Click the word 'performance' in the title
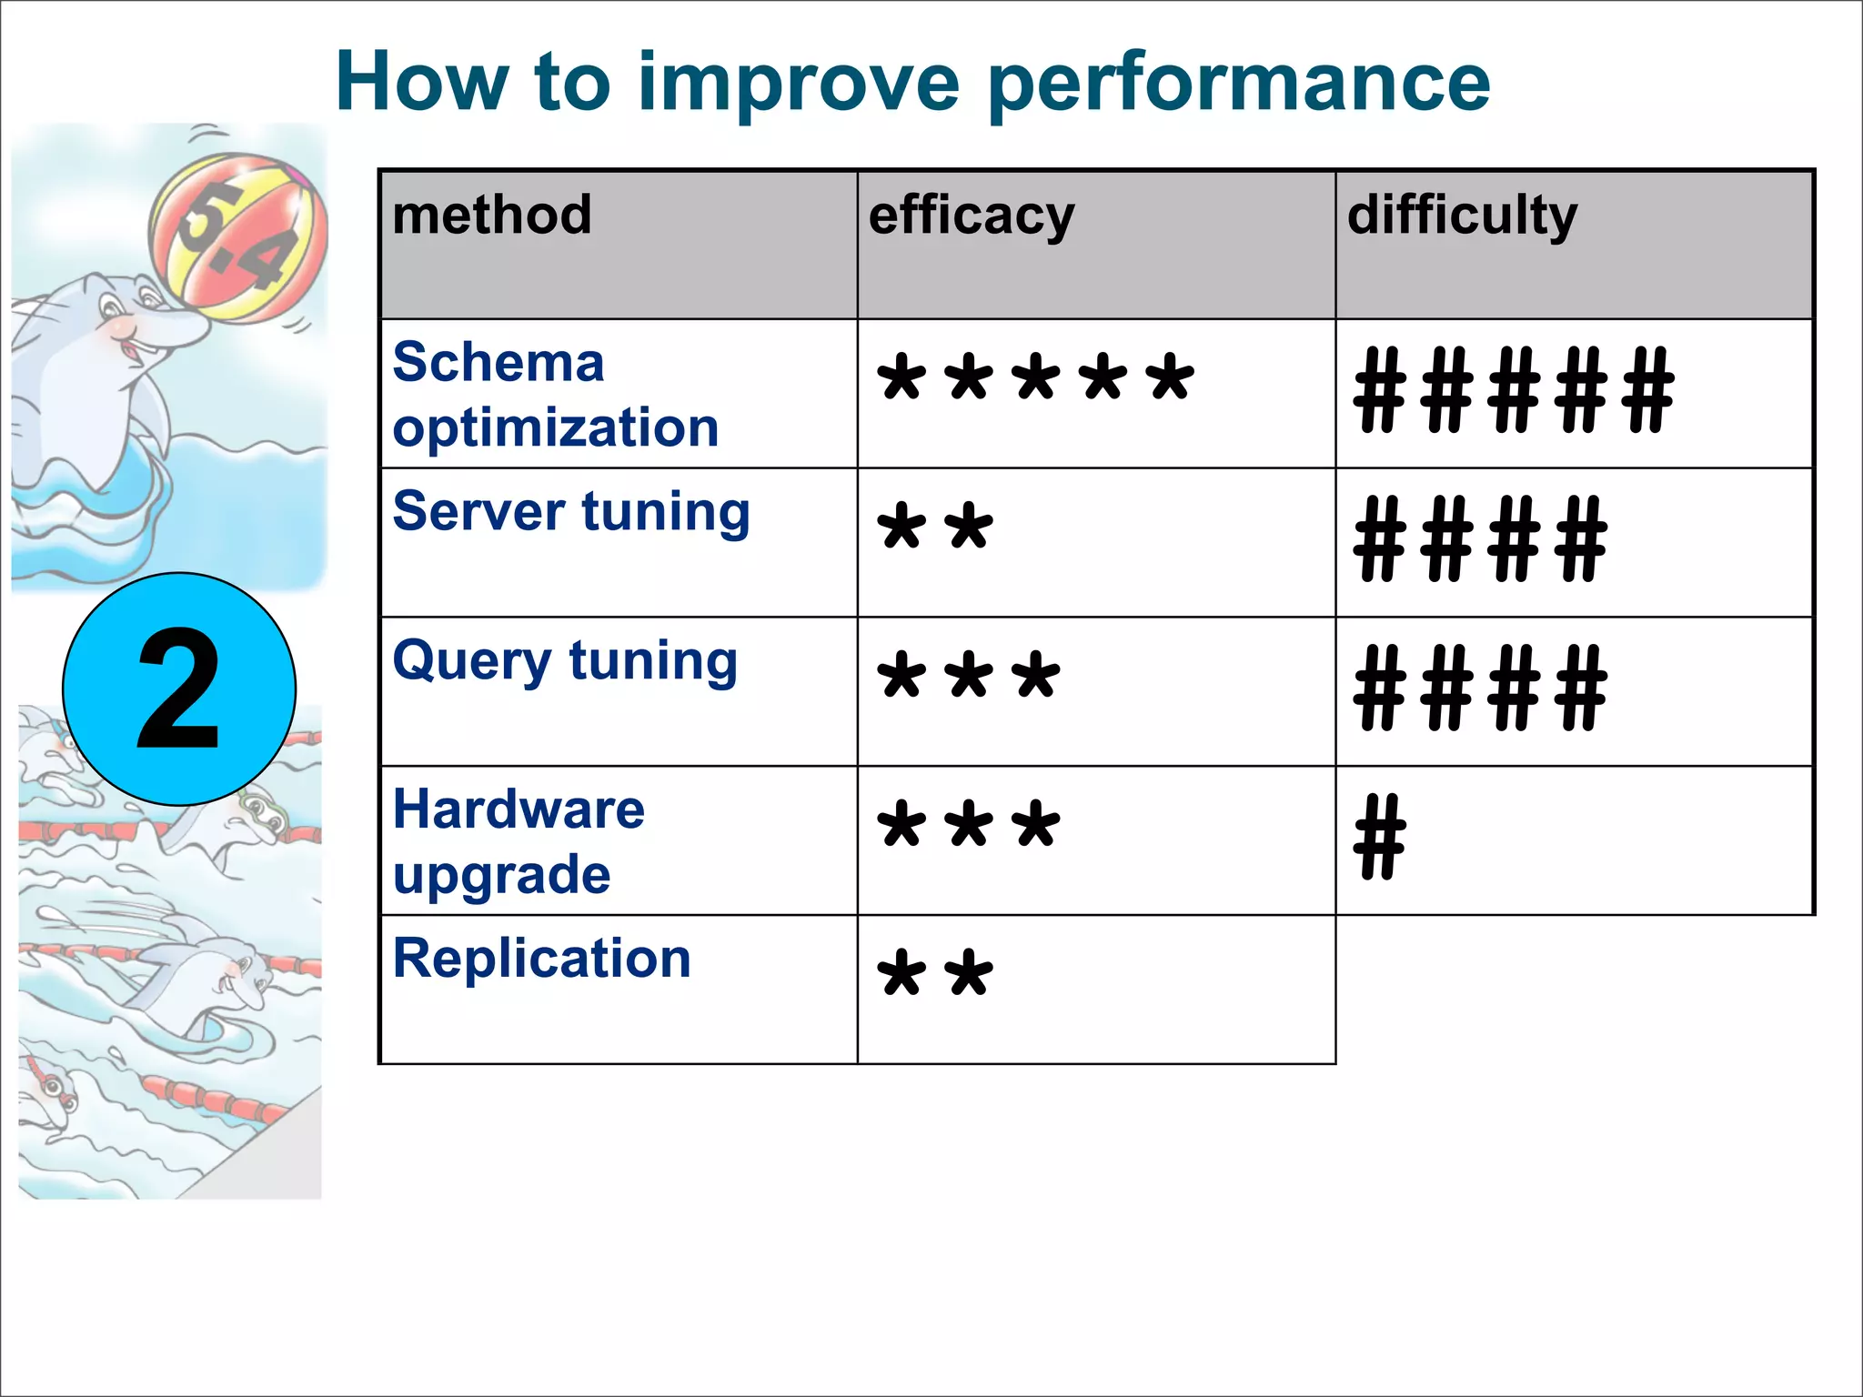(x=1238, y=84)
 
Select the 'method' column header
(x=492, y=216)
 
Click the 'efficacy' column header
(x=972, y=217)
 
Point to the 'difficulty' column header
(x=1462, y=217)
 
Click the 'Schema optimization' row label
(x=555, y=395)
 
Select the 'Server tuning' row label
(x=571, y=512)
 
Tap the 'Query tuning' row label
(x=565, y=661)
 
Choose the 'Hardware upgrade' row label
(x=519, y=841)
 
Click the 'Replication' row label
(x=542, y=959)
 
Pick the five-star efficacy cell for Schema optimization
(x=1034, y=379)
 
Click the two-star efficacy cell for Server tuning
(x=934, y=528)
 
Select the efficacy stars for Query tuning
(x=968, y=678)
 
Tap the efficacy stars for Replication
(x=934, y=975)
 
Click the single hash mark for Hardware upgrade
(x=1379, y=837)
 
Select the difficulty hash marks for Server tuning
(x=1480, y=538)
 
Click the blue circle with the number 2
(x=179, y=689)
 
